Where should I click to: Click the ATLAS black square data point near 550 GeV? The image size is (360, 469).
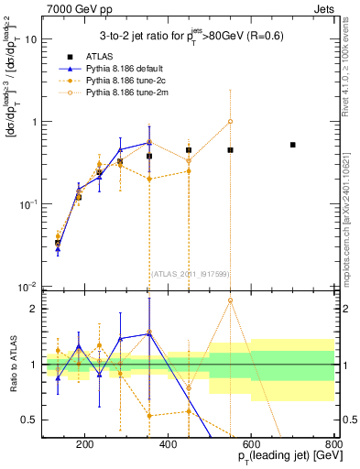coord(231,149)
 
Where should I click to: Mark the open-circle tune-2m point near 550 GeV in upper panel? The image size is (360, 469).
coord(231,121)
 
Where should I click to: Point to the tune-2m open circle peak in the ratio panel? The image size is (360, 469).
coord(231,300)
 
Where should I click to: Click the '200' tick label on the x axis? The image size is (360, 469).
coord(84,445)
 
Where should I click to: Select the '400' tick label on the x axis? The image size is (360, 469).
coord(168,445)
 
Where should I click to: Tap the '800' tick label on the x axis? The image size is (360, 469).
coord(333,445)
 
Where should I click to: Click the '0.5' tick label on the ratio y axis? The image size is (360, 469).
coord(29,420)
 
